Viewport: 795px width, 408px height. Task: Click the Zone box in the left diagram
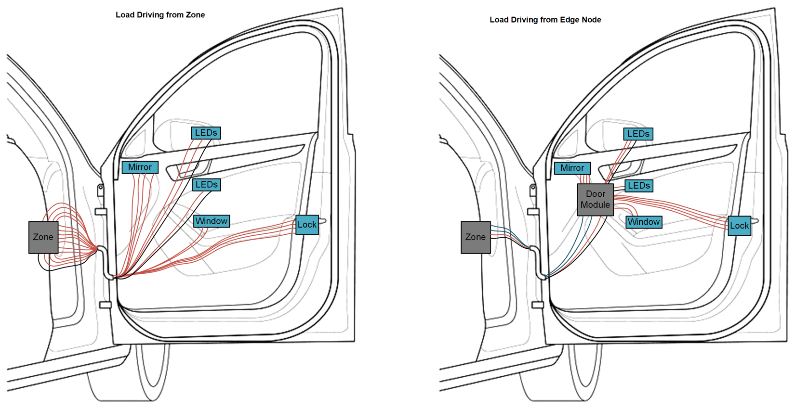click(x=43, y=237)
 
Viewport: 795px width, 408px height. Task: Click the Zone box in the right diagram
click(x=476, y=237)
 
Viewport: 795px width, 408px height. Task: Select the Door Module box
click(x=595, y=199)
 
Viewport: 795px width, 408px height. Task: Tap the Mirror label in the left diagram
click(x=140, y=167)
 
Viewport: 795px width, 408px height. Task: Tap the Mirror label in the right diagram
click(x=572, y=168)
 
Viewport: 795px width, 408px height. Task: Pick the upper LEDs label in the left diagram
click(x=206, y=133)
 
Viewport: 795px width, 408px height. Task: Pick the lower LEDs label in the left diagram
click(x=206, y=185)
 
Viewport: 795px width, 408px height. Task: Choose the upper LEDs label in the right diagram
click(x=638, y=134)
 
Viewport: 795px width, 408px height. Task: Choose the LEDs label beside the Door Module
click(x=638, y=186)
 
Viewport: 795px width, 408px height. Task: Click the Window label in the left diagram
click(x=211, y=221)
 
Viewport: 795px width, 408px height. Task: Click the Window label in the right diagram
click(x=643, y=222)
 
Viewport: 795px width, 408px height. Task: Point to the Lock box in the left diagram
click(x=307, y=225)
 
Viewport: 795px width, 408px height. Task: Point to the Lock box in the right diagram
click(x=739, y=226)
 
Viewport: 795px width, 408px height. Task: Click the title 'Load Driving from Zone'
click(x=160, y=15)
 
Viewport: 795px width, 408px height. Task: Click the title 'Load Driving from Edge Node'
click(x=545, y=20)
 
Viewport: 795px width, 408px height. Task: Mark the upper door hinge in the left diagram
click(x=101, y=212)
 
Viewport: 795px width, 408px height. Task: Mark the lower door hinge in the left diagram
click(x=105, y=305)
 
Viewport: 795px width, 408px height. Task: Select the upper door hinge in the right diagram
click(x=533, y=212)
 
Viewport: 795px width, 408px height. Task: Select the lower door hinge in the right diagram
click(x=537, y=305)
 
